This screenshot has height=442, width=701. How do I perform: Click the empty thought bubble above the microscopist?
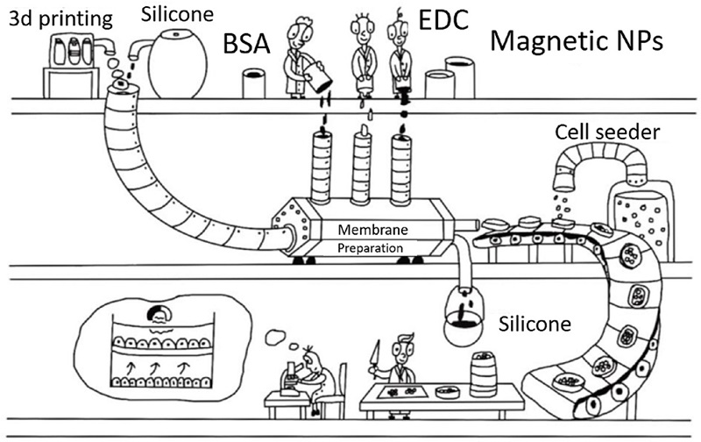click(280, 335)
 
